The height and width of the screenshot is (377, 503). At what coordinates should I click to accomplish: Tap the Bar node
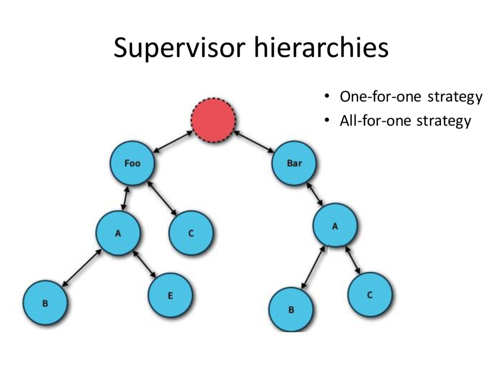coord(294,163)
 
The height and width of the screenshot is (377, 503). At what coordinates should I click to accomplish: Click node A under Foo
coord(118,234)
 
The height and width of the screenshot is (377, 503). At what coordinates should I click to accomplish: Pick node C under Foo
coord(191,234)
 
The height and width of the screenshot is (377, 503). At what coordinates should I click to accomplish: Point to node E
coord(170,296)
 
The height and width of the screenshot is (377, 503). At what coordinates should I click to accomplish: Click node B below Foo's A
coord(45,303)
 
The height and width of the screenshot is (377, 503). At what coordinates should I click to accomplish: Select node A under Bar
coord(335,226)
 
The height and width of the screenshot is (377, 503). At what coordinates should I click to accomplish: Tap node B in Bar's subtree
coord(291,310)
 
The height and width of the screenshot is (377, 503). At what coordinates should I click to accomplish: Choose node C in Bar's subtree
coord(370,295)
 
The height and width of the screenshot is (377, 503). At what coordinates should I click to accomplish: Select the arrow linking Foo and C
coord(162,198)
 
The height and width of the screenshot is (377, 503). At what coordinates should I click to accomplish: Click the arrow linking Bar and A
coord(315,195)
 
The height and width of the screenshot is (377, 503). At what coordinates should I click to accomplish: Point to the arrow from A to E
coord(145,265)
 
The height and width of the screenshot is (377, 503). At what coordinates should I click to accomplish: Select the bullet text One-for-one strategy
coord(411,97)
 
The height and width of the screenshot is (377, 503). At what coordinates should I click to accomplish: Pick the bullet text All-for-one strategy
coord(405,121)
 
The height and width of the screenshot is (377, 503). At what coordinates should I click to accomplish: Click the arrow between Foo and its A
coord(125,199)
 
